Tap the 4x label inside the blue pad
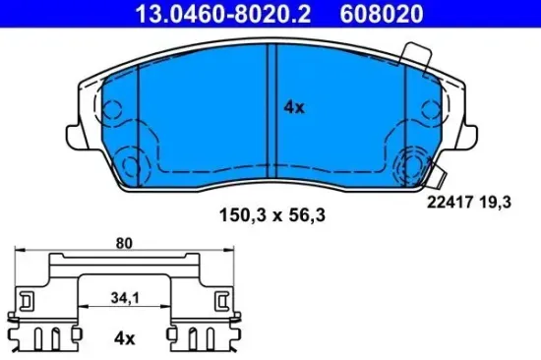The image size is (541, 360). tap(294, 107)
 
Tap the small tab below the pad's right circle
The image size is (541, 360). tap(443, 181)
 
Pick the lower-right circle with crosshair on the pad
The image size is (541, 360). tap(409, 163)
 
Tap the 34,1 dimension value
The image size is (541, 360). tap(124, 297)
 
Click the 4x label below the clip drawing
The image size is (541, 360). tap(124, 337)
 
